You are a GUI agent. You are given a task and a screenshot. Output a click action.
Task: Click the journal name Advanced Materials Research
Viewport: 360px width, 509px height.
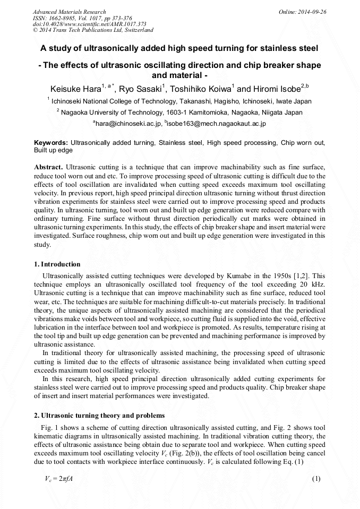coord(69,12)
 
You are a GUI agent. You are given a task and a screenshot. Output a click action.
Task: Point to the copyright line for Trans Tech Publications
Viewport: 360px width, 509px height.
coord(93,30)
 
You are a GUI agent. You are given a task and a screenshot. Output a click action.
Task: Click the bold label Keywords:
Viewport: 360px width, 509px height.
coord(51,143)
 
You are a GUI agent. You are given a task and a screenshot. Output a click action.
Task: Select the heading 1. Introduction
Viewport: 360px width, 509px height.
coord(57,264)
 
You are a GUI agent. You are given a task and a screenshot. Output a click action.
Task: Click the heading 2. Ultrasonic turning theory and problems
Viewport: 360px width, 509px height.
coord(99,415)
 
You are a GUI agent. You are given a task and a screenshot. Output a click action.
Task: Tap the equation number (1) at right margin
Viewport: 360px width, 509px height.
coord(318,479)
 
